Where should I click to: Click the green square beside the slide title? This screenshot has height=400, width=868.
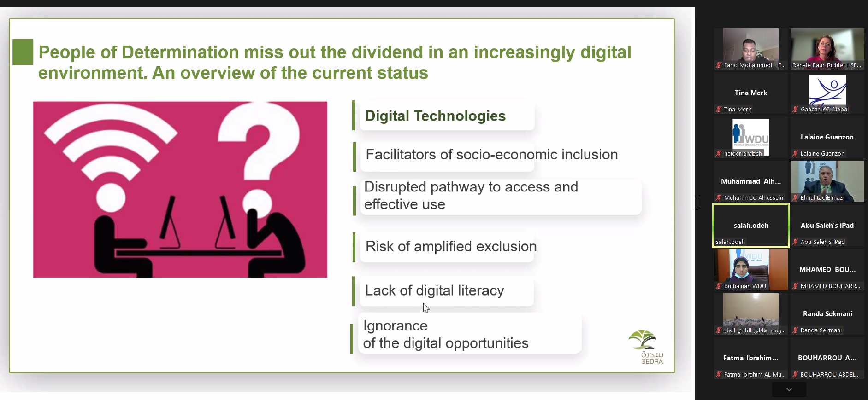coord(23,52)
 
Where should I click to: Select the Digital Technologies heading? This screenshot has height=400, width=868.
coord(435,116)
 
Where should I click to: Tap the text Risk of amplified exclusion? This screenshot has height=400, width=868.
coord(451,247)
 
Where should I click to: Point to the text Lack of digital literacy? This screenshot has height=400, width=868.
coord(434,290)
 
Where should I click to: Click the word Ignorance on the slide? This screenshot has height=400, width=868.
coord(396,326)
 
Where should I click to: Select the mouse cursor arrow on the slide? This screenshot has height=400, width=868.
coord(426,308)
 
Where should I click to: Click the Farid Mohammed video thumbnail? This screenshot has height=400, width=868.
coord(751,49)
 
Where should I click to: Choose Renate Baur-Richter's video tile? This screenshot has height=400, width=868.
coord(827,49)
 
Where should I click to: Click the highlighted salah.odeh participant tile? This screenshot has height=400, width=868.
coord(751,226)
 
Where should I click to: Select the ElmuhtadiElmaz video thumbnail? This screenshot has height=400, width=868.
coord(827,181)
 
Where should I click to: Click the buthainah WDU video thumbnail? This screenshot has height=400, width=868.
coord(751,270)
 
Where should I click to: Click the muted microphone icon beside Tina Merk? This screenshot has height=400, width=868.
coord(719,110)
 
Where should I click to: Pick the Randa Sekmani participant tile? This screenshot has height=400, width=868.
coord(827,314)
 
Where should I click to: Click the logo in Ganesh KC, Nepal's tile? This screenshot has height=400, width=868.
coord(827,91)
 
